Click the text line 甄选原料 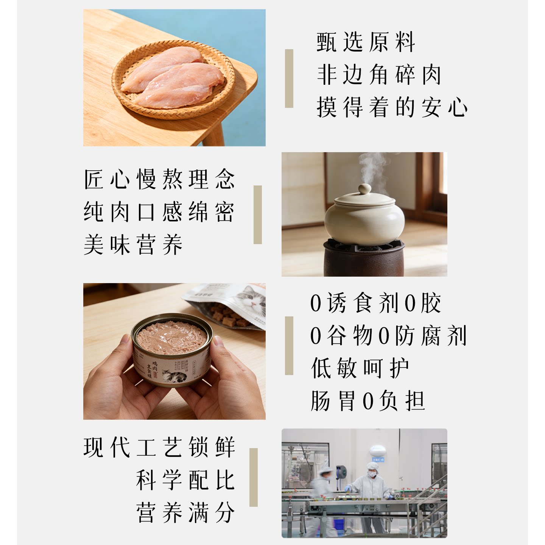point(366,42)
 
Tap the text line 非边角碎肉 point(379,75)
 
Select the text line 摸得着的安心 point(392,107)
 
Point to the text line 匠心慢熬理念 point(159,179)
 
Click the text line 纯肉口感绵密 point(159,212)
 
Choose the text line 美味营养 point(133,244)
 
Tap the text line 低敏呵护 point(360,368)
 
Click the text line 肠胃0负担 point(367,401)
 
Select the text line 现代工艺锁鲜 point(159,447)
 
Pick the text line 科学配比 point(185,480)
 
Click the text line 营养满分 point(185,512)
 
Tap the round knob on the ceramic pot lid point(365,189)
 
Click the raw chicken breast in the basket point(172,76)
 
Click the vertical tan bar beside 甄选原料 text point(289,78)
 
